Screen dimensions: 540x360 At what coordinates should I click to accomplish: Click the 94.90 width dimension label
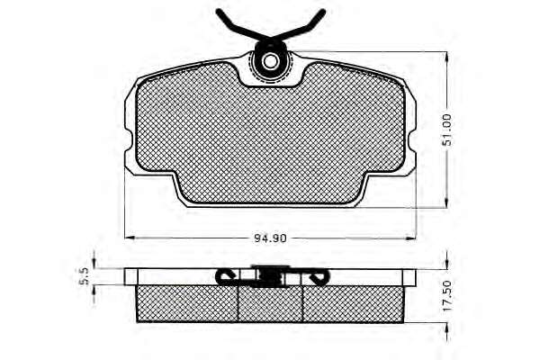pos(270,238)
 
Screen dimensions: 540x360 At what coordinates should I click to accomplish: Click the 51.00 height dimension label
pos(447,130)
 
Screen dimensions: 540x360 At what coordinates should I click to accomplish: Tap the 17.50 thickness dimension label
pos(447,296)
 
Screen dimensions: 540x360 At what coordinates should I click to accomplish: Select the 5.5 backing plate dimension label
pos(85,276)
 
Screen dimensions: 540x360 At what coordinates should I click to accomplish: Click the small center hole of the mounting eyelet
pos(270,62)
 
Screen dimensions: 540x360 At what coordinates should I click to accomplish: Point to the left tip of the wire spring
pos(219,11)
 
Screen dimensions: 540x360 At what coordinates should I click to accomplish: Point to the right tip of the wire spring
pos(323,12)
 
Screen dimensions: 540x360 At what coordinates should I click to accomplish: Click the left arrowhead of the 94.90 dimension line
pos(129,238)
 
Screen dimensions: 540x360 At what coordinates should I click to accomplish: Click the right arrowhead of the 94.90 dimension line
pos(411,238)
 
